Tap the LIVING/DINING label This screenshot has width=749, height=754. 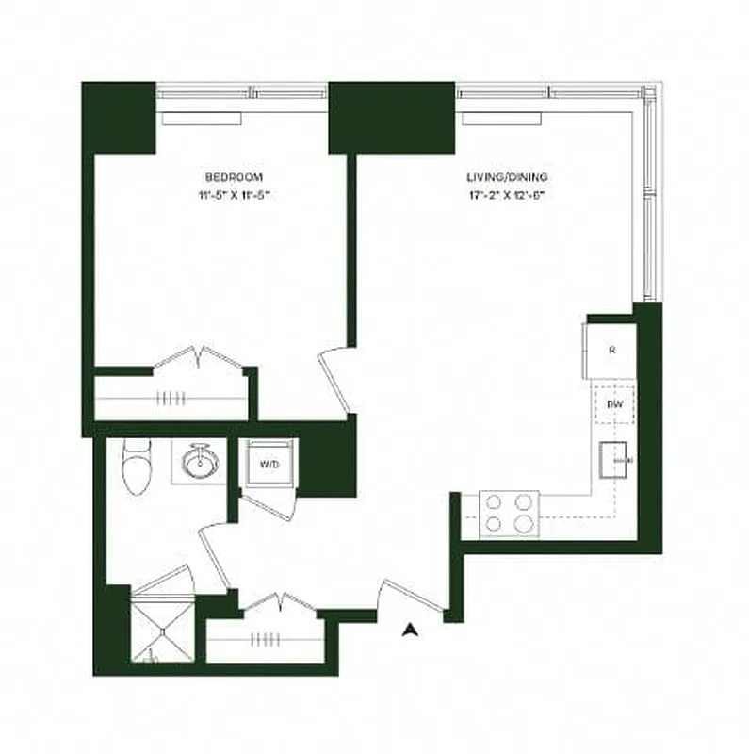(x=507, y=177)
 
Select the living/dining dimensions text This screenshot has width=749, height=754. (x=507, y=197)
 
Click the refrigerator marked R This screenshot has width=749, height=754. (x=611, y=351)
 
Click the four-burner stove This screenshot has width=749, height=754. (x=508, y=515)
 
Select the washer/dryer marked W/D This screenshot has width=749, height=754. (x=269, y=465)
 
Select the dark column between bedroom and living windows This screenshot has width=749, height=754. (x=391, y=117)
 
